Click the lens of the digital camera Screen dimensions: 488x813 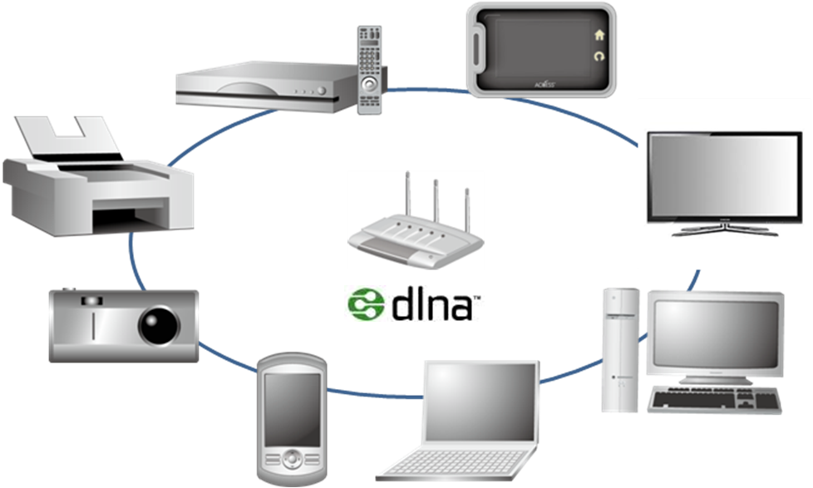pos(158,324)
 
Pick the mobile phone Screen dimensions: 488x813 pos(290,420)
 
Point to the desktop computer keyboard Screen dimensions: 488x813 pos(715,400)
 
